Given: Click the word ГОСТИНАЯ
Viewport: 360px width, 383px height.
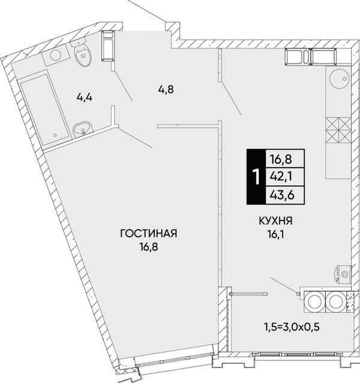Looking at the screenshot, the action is click(148, 234).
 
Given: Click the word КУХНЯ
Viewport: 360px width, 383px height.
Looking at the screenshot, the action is click(275, 221).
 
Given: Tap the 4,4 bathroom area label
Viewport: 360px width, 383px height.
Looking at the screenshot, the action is click(84, 98).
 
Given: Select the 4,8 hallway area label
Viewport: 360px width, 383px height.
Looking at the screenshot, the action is click(166, 90).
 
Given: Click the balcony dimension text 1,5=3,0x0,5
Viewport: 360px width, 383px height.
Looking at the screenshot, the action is click(291, 326).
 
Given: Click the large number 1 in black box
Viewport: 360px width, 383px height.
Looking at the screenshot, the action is click(256, 177).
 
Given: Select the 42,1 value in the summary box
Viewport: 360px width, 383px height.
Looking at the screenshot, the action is click(281, 177).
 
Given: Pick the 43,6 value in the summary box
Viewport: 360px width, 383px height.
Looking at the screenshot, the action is click(282, 195).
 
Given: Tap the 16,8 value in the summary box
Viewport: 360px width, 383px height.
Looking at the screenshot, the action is click(281, 160).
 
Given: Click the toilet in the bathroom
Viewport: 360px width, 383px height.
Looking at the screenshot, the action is click(82, 53).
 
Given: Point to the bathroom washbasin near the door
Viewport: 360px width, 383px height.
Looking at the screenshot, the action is click(83, 128).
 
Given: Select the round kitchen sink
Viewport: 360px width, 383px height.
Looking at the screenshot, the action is click(339, 79).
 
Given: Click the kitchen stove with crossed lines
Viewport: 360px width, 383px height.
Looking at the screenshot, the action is click(338, 130).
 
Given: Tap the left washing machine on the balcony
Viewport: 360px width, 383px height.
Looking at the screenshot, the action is click(314, 302).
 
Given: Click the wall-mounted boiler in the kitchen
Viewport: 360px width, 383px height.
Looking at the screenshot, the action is click(343, 275).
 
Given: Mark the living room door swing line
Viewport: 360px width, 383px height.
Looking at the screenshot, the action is click(135, 137).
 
